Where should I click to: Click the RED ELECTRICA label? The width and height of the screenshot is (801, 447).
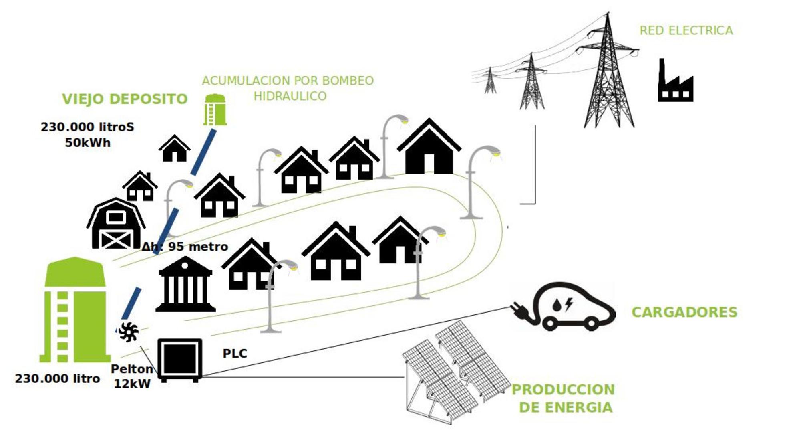tap(686, 30)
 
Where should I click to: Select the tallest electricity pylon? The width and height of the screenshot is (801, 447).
tap(608, 76)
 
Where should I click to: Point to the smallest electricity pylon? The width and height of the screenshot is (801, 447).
tap(489, 81)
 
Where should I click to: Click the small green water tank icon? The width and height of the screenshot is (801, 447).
tap(215, 110)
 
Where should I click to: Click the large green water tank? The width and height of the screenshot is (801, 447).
tap(75, 311)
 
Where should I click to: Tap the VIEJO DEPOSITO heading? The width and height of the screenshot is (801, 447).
tap(125, 99)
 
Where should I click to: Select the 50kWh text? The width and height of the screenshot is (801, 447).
tap(88, 143)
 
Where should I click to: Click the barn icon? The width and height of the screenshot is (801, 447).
tap(116, 225)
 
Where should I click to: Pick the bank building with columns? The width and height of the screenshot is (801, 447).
tap(185, 285)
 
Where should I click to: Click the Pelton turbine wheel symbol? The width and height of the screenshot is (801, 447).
tap(129, 332)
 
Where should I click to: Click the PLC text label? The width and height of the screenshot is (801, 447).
tap(235, 354)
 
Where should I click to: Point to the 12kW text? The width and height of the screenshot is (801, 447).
tap(132, 384)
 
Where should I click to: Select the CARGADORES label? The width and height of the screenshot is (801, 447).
tap(684, 312)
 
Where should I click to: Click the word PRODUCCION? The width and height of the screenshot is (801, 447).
tap(563, 390)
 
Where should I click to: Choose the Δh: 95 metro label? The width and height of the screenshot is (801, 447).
tap(185, 247)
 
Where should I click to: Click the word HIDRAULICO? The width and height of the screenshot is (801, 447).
tap(290, 96)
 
